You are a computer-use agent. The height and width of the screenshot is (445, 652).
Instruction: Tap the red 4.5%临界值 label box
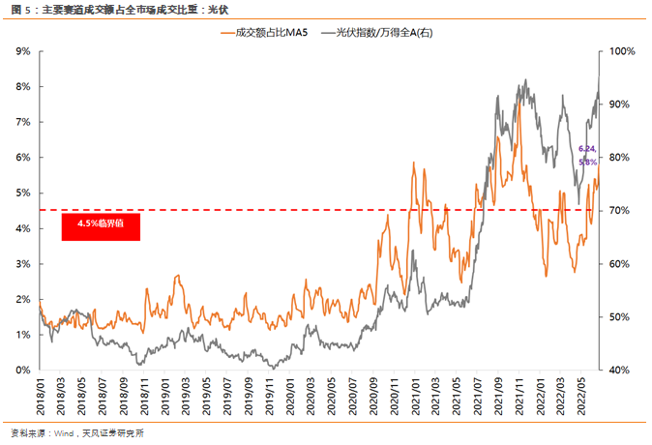[x=102, y=226]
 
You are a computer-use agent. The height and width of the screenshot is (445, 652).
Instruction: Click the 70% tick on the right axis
[x=620, y=211]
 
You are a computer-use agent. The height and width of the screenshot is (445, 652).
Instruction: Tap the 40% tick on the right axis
[x=620, y=370]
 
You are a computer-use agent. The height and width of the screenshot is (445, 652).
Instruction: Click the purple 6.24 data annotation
[x=586, y=149]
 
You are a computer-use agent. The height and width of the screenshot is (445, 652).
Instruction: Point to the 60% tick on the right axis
[x=620, y=264]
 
